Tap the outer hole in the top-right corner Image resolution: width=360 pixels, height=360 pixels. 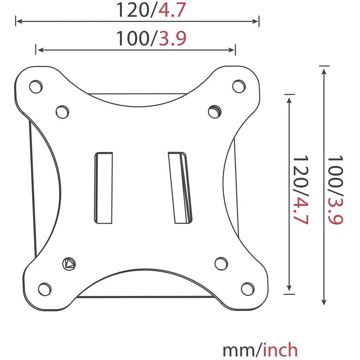click(x=238, y=86)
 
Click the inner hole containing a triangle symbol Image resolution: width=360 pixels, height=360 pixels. click(x=69, y=264)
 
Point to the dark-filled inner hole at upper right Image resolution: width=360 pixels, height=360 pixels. click(x=216, y=110)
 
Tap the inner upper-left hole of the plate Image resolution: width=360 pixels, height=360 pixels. click(x=62, y=110)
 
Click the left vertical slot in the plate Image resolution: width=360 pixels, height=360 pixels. click(x=103, y=187)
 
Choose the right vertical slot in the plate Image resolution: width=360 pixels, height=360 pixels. click(x=181, y=187)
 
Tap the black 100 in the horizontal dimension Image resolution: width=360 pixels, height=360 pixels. click(x=132, y=39)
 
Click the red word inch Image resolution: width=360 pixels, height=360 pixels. click(x=281, y=350)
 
